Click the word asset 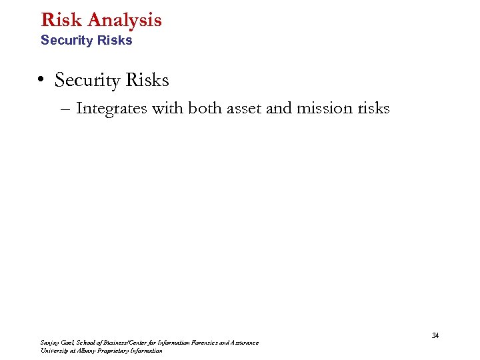pos(245,109)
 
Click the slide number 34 pos(435,335)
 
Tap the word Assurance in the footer pos(244,343)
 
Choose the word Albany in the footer pos(87,351)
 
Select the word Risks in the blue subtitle pos(114,41)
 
